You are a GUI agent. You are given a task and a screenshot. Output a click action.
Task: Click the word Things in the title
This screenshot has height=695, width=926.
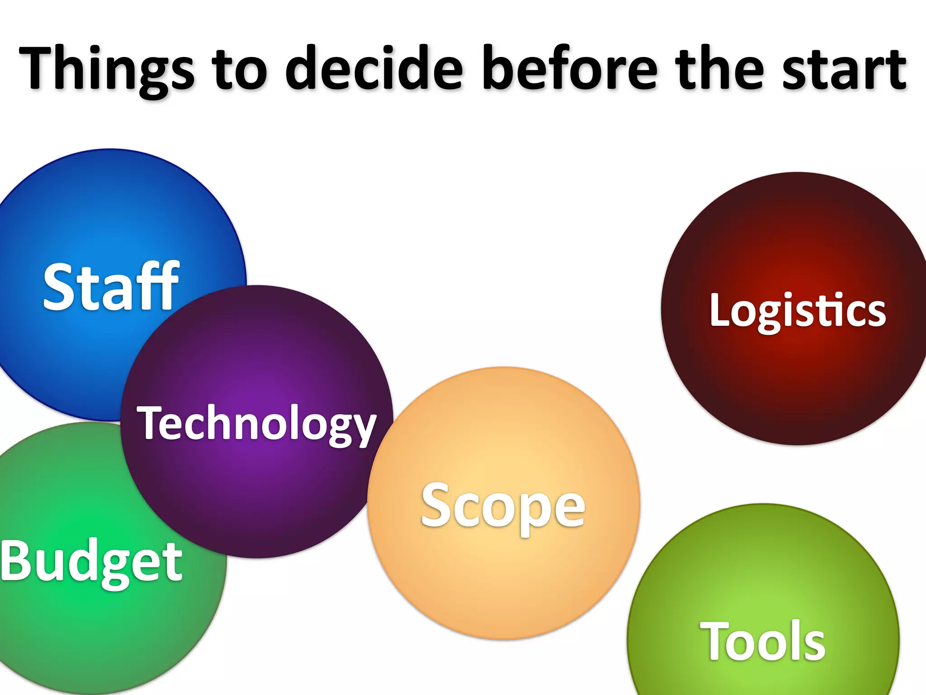[x=107, y=69]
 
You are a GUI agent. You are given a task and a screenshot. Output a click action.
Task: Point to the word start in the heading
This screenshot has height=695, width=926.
[x=844, y=69]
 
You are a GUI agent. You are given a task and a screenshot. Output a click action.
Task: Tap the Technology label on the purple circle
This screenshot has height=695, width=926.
[x=256, y=423]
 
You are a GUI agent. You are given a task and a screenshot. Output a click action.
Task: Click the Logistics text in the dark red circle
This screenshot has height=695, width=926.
[x=798, y=310]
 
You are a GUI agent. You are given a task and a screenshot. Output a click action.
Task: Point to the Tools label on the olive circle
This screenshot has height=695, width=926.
[x=763, y=641]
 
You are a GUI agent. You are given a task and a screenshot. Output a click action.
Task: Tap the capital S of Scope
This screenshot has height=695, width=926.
[x=436, y=504]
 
